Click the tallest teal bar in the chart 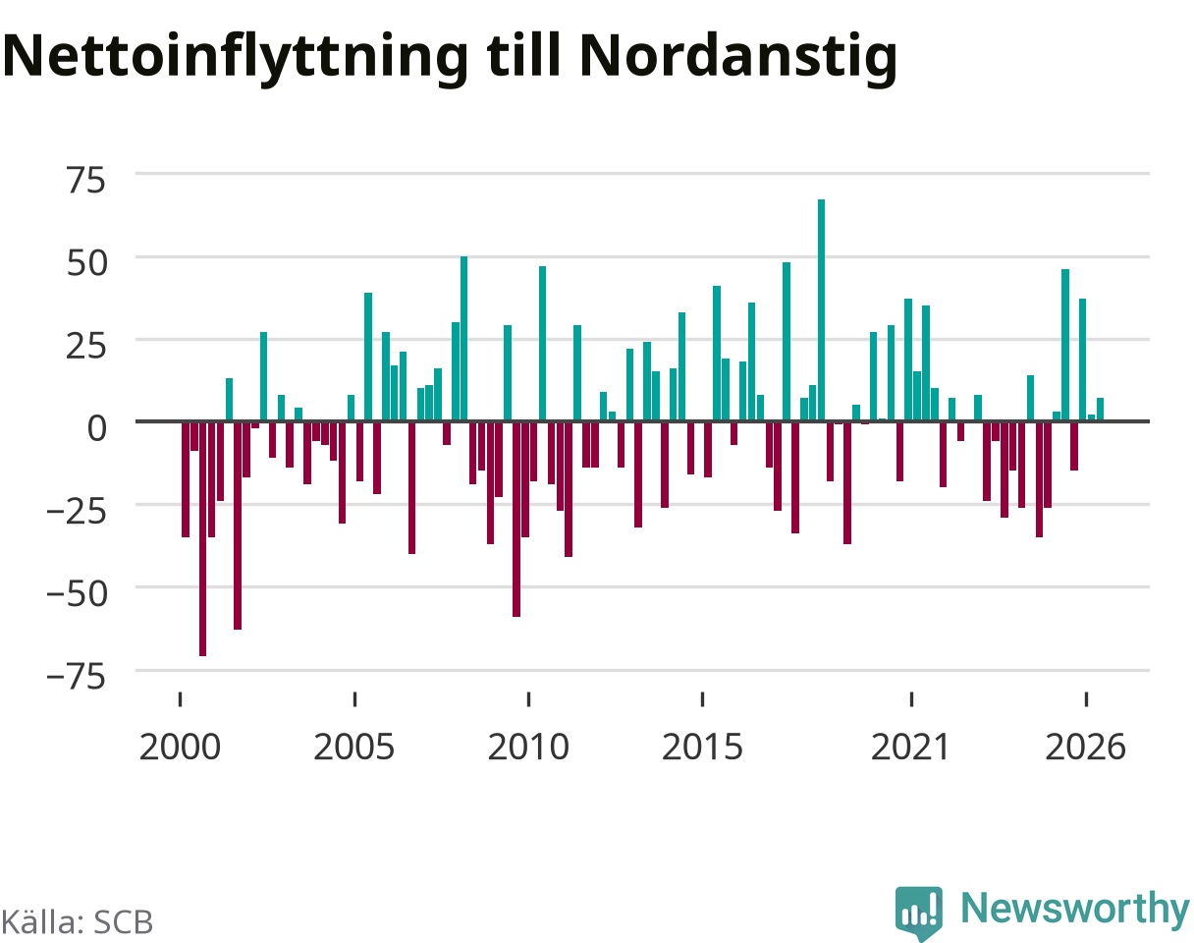pyautogui.click(x=821, y=309)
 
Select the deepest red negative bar pyautogui.click(x=202, y=539)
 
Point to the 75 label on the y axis pyautogui.click(x=86, y=181)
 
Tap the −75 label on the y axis pyautogui.click(x=76, y=677)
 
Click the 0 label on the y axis pyautogui.click(x=96, y=428)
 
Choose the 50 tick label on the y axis pyautogui.click(x=86, y=263)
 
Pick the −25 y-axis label pyautogui.click(x=76, y=512)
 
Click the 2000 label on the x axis pyautogui.click(x=180, y=748)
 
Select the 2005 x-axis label pyautogui.click(x=354, y=748)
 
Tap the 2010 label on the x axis pyautogui.click(x=528, y=748)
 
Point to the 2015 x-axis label pyautogui.click(x=702, y=748)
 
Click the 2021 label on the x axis pyautogui.click(x=910, y=748)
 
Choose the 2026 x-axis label pyautogui.click(x=1086, y=748)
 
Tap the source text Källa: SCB pyautogui.click(x=78, y=922)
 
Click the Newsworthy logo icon pyautogui.click(x=918, y=913)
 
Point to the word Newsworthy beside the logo pyautogui.click(x=1075, y=908)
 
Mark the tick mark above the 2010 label pyautogui.click(x=528, y=699)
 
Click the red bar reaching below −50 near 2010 pyautogui.click(x=516, y=519)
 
